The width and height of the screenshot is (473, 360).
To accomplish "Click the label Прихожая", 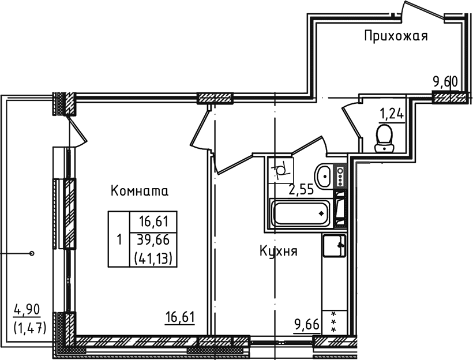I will (396, 37).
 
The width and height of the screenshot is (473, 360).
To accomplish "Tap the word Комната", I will (139, 191).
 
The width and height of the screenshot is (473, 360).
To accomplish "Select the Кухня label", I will (278, 252).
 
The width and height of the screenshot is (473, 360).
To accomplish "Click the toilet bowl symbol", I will (384, 138).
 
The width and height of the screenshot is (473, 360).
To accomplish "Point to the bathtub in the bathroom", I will (303, 212).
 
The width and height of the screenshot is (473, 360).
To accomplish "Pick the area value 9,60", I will (445, 82).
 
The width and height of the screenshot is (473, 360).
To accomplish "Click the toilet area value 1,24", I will (391, 113).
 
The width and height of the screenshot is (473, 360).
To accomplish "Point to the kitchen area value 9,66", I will (306, 324).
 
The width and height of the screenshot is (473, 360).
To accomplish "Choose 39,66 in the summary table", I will (149, 239).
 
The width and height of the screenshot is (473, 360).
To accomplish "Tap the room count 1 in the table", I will (118, 239).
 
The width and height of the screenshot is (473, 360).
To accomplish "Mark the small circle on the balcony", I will (32, 253).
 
